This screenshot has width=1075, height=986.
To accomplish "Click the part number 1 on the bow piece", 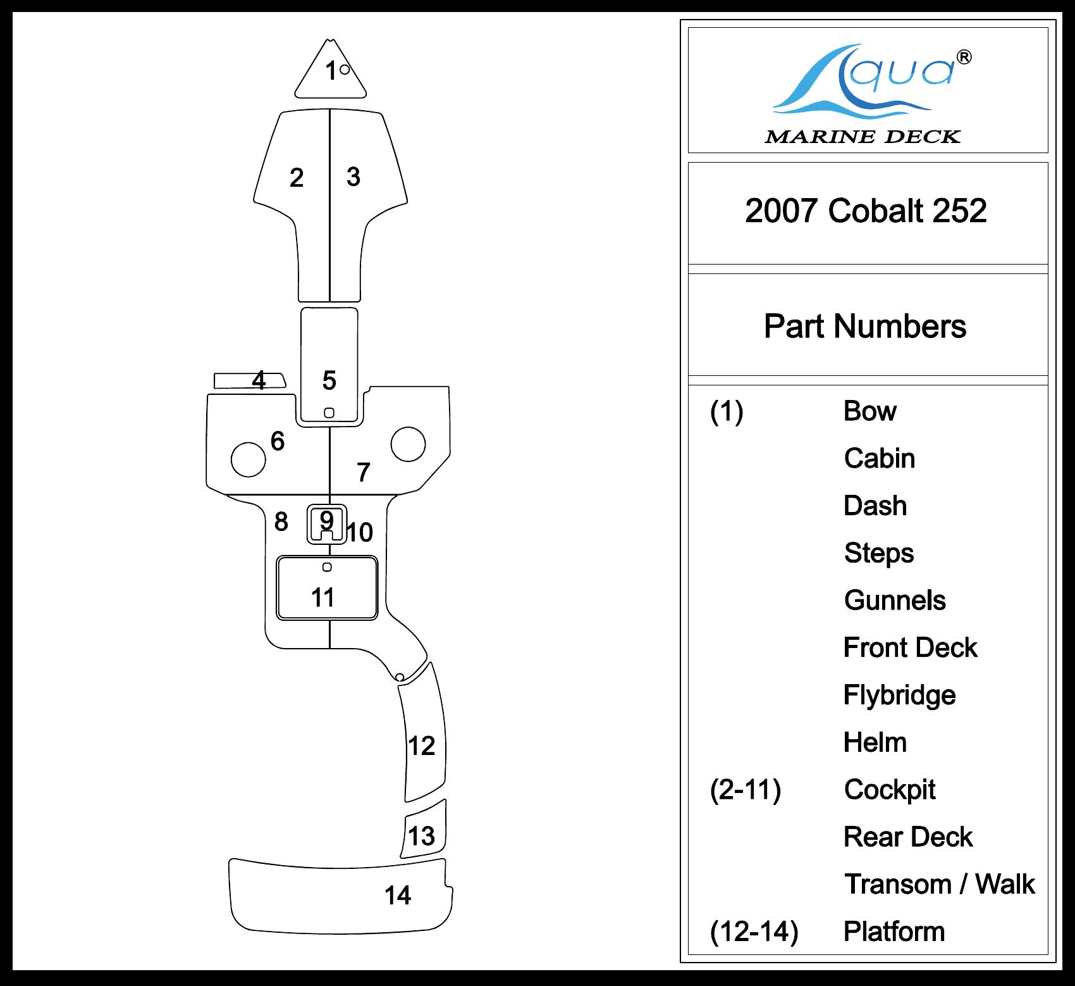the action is coord(330,72).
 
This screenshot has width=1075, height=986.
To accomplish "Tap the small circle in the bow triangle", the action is coord(345,70).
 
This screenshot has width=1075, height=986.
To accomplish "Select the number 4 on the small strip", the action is coord(259,380).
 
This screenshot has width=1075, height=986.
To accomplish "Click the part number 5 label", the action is coord(329,380).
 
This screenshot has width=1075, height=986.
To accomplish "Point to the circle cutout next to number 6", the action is coord(249,459).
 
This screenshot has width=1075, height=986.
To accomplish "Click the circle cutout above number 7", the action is coord(408,444).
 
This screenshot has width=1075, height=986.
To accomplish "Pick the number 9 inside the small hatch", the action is coord(326,520).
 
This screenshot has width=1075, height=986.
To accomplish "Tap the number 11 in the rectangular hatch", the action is coord(322,597).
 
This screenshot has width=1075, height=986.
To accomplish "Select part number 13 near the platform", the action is coord(421,836).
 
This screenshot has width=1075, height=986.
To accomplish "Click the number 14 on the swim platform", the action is coord(398,896).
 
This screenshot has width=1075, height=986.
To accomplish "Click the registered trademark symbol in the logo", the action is coord(964,58).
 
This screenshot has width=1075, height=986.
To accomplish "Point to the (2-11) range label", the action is coord(746,790).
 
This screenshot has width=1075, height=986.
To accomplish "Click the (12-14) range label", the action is coord(754,932).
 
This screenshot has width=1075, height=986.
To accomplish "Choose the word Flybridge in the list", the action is coord(899,696).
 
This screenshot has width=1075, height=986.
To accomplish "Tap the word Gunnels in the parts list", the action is coord(895,601).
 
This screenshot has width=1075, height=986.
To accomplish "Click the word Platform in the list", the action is coord(894,932).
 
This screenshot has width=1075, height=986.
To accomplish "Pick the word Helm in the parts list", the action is coord(875,742).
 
